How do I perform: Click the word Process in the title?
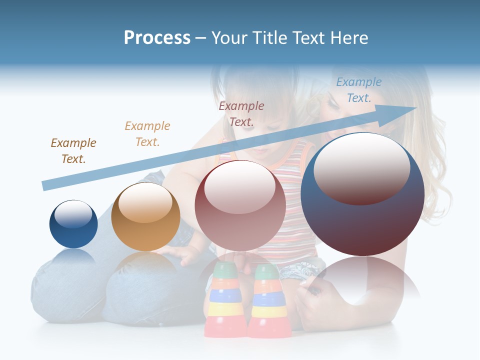(x=157, y=38)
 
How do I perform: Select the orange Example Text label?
(x=147, y=134)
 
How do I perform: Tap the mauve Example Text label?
(x=241, y=113)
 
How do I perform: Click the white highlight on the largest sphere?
(x=362, y=169)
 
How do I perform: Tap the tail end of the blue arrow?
(x=44, y=186)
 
